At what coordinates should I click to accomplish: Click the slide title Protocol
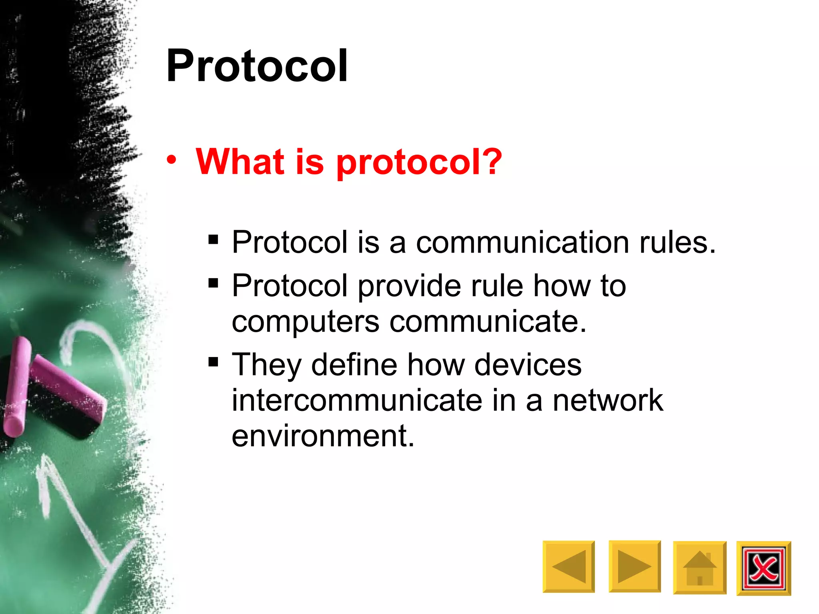[257, 66]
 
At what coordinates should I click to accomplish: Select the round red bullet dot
[172, 160]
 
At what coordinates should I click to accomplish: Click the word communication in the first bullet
[522, 243]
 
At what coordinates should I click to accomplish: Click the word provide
[409, 286]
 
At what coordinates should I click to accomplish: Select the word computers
[305, 322]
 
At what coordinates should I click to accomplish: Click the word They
[267, 365]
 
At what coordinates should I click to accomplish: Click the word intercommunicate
[357, 400]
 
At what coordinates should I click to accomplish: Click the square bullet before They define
[213, 362]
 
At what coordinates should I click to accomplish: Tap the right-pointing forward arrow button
[635, 566]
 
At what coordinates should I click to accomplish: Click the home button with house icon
[699, 568]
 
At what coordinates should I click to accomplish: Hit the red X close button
[763, 568]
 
